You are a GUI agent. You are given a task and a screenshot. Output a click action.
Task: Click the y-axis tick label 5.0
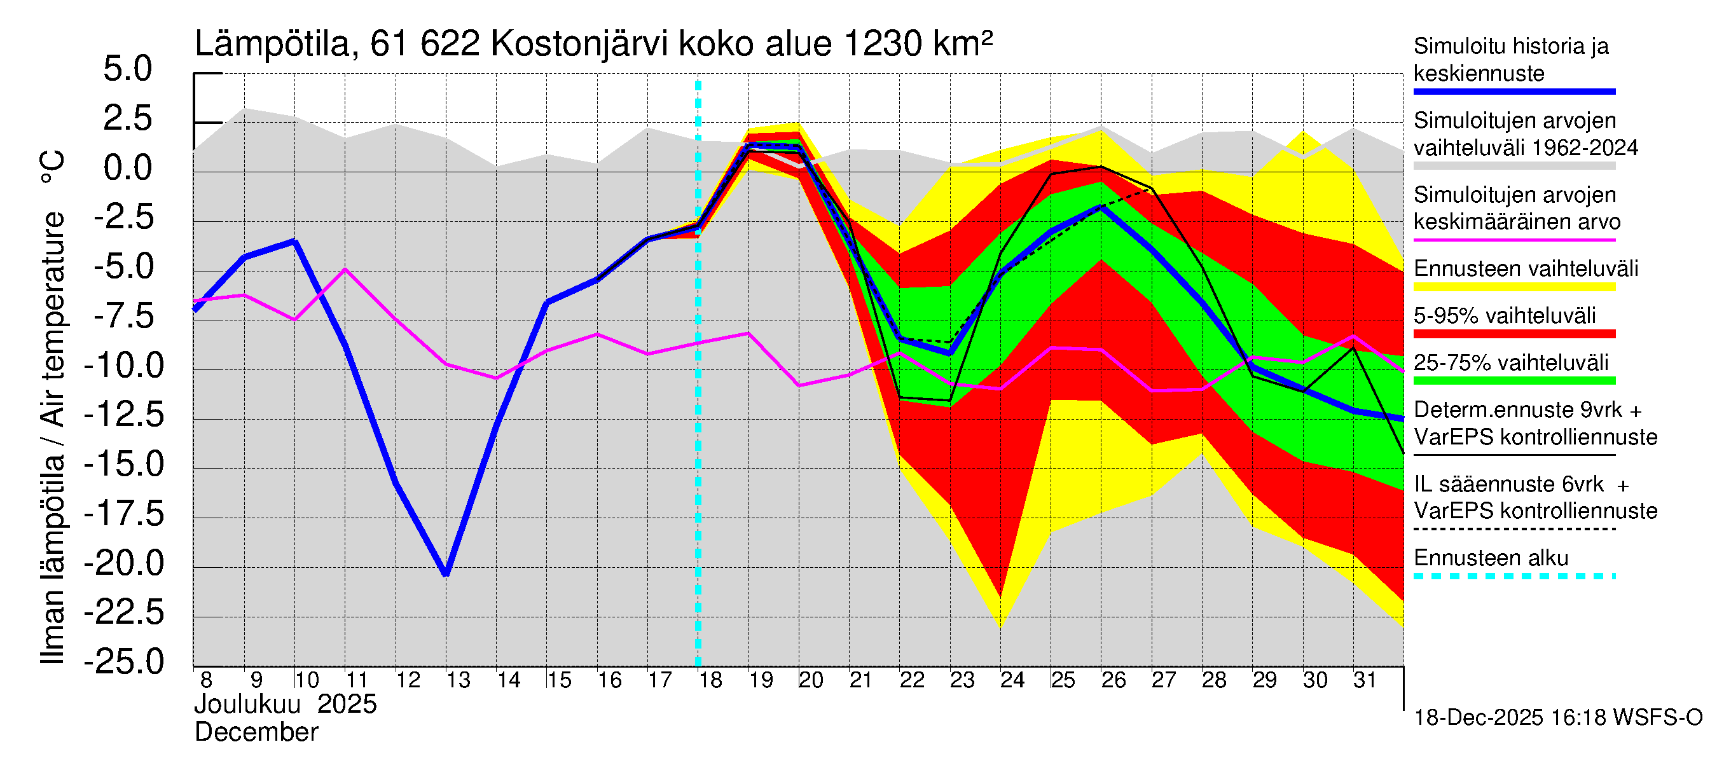point(127,69)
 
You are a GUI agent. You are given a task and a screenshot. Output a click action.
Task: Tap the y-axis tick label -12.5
point(124,415)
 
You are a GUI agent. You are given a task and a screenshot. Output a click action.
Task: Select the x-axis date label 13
point(458,680)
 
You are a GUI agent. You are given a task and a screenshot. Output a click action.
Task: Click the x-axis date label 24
point(1012,680)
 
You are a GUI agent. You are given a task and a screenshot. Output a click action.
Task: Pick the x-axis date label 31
point(1365,680)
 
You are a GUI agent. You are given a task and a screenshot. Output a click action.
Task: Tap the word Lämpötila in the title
point(272,45)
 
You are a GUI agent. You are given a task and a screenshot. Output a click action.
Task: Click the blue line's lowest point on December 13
point(446,574)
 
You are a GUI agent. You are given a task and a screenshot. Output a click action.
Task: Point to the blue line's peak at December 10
point(295,241)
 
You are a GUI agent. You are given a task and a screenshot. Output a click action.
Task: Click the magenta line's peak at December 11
point(345,268)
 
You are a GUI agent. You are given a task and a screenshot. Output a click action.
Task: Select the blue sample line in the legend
point(1514,92)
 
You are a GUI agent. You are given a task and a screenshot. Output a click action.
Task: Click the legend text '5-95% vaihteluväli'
point(1505,316)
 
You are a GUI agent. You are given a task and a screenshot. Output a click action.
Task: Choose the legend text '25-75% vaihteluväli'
point(1510,363)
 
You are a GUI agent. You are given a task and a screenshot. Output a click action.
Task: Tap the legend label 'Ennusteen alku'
point(1491,558)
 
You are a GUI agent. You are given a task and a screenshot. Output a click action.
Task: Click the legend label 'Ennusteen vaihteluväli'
point(1526,269)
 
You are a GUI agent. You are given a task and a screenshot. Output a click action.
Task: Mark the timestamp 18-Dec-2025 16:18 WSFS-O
point(1557,718)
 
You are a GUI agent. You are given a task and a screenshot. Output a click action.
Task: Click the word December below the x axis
point(256,733)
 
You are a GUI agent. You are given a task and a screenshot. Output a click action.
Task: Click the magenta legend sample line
point(1514,240)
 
